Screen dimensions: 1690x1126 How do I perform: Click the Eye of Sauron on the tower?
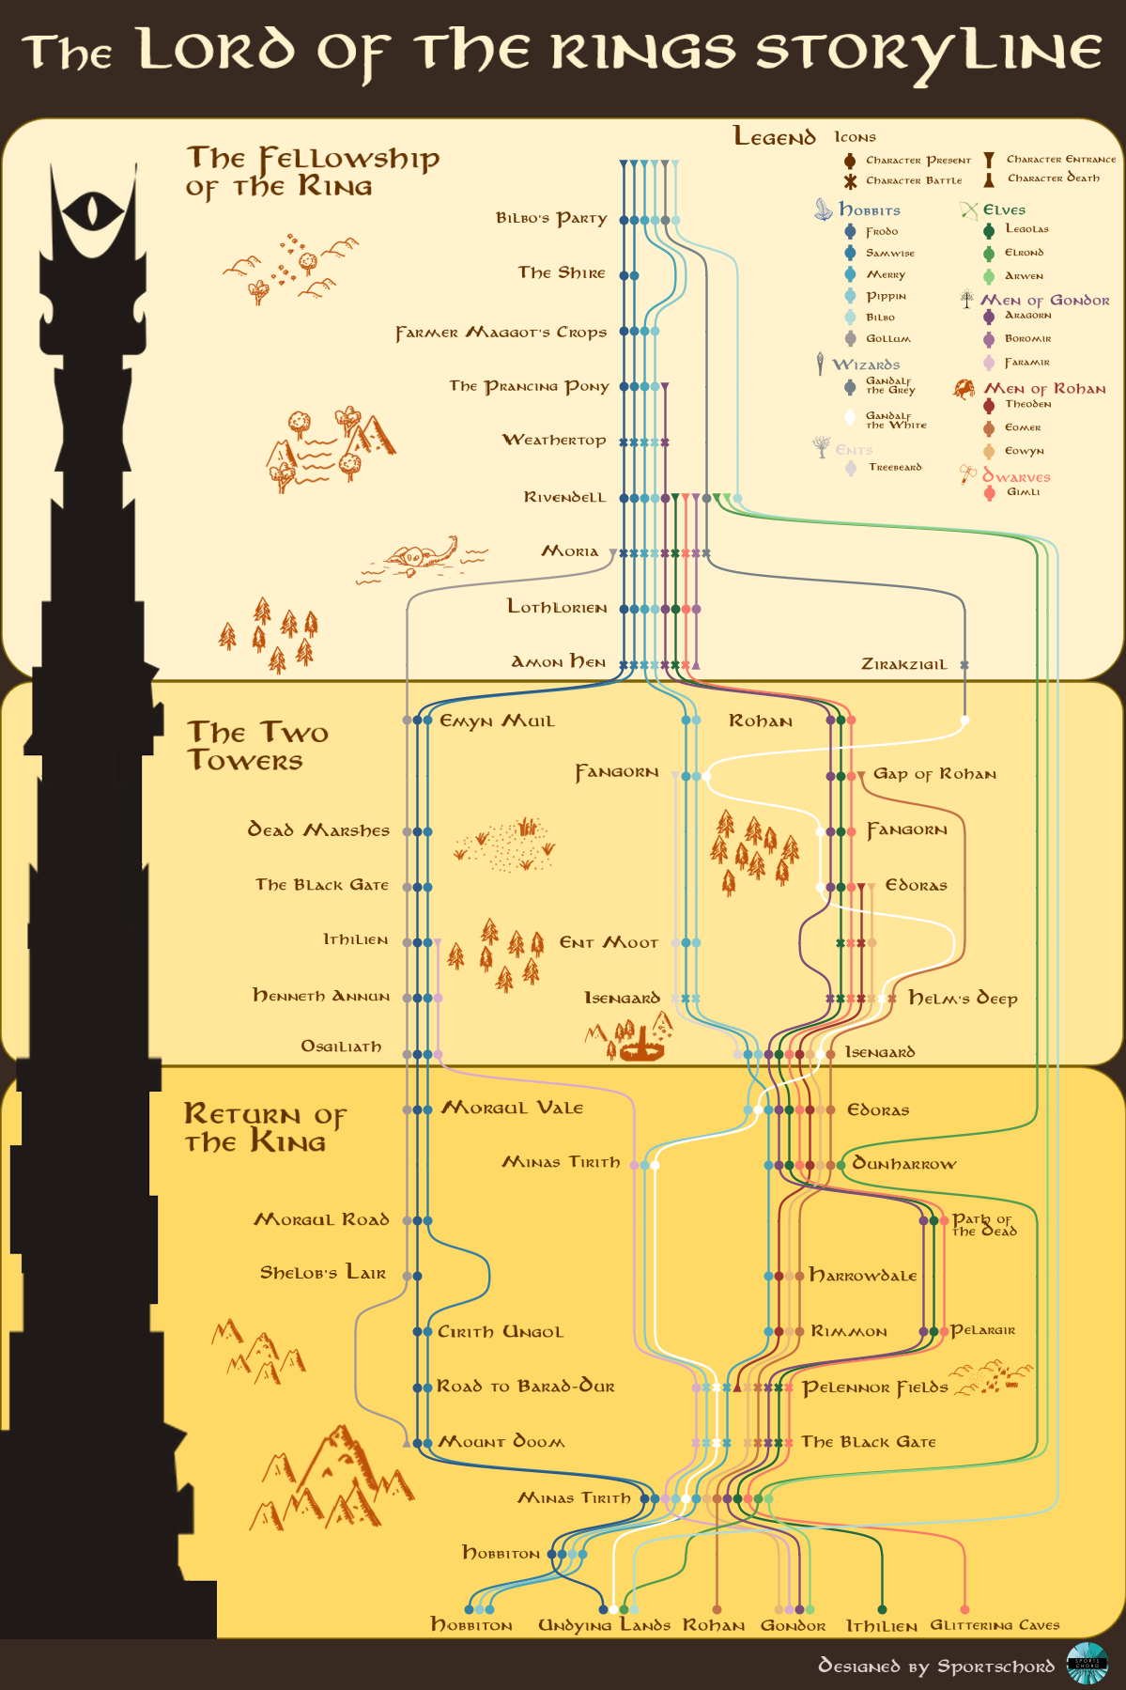pos(91,209)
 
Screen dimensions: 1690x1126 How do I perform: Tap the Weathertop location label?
pos(554,440)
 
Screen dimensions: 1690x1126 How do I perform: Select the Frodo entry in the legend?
pos(881,231)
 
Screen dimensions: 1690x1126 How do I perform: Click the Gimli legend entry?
pos(1022,492)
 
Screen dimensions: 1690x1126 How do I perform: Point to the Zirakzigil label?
pos(903,664)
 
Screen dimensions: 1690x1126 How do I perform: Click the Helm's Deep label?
pos(963,998)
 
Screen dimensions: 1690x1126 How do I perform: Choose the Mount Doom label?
pos(501,1441)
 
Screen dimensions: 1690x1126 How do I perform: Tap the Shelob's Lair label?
pos(322,1273)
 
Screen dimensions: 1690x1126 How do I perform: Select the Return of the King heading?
pos(264,1127)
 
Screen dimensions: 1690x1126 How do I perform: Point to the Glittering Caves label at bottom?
pos(995,1625)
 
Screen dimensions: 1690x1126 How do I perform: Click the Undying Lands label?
pos(604,1625)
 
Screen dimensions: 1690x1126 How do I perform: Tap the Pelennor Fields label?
pos(874,1388)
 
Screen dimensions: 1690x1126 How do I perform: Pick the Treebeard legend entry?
pos(894,467)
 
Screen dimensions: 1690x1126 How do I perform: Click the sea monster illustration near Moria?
pos(423,559)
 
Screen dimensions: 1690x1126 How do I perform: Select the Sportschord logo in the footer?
pos(1087,1664)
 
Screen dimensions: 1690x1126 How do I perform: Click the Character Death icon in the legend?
pos(989,178)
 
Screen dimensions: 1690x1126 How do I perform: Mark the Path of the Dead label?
pos(983,1225)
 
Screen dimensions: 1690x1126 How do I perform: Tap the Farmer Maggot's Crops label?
pos(501,333)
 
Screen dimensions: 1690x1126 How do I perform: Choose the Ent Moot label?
pos(609,942)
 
